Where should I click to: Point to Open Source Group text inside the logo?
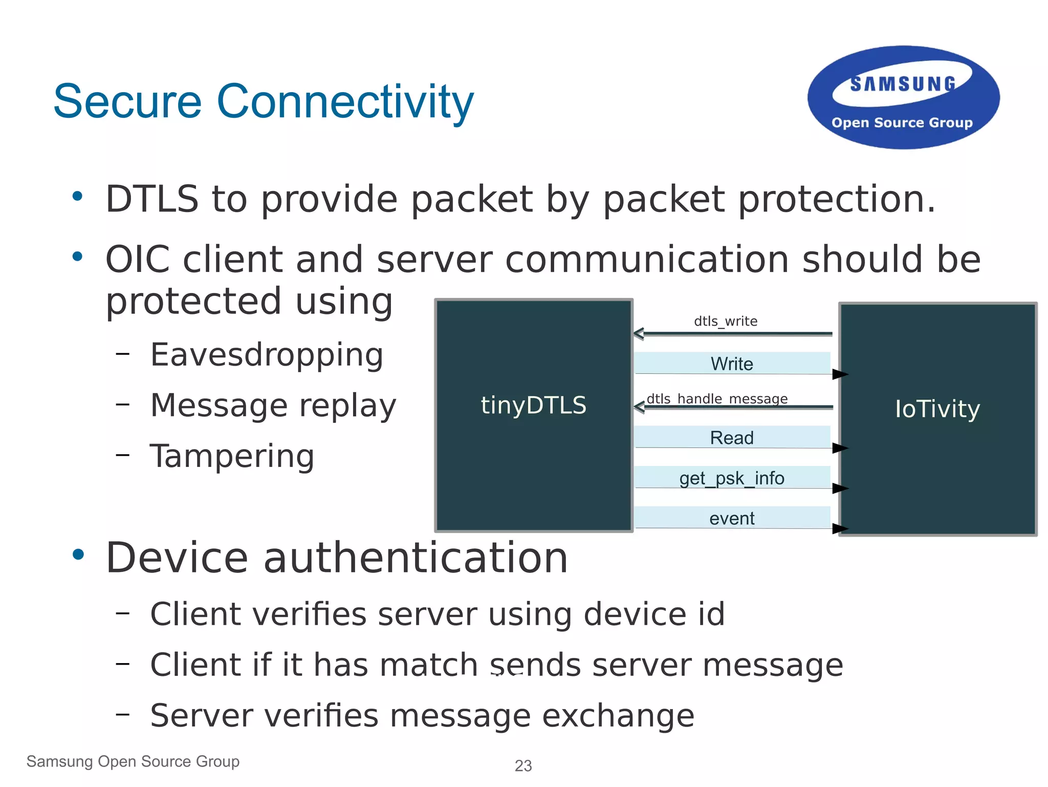click(x=902, y=123)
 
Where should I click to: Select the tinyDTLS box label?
click(x=533, y=405)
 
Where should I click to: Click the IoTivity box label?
click(x=937, y=409)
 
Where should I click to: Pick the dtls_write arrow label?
click(x=726, y=322)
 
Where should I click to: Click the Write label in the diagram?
click(x=732, y=364)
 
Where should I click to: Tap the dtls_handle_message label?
click(x=717, y=398)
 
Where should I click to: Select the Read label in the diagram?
click(x=732, y=438)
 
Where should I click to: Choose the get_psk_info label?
click(x=732, y=478)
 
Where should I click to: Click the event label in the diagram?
click(x=732, y=519)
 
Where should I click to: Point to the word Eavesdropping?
click(x=267, y=355)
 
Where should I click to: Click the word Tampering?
click(x=232, y=456)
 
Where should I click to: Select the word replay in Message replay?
click(x=347, y=406)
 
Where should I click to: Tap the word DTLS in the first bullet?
click(x=152, y=199)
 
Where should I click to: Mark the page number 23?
click(x=523, y=765)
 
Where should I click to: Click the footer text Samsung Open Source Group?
click(x=133, y=761)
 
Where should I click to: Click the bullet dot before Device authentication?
click(x=78, y=555)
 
